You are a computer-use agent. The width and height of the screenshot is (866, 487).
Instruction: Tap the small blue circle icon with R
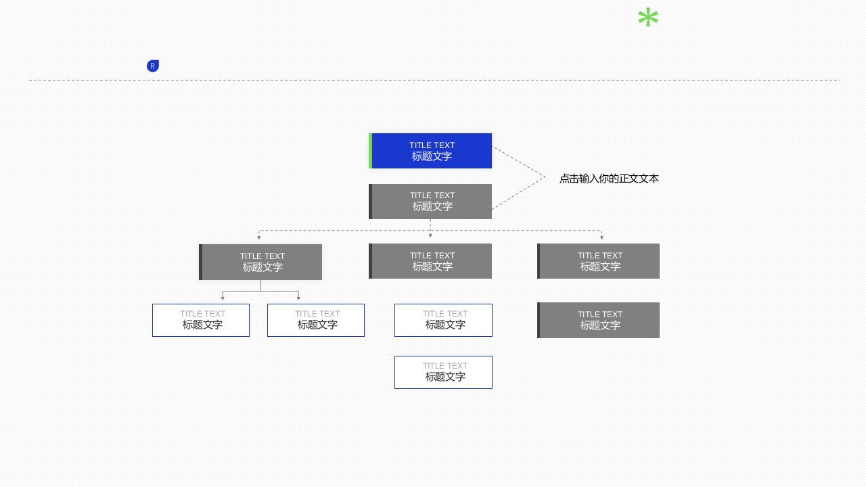pyautogui.click(x=153, y=66)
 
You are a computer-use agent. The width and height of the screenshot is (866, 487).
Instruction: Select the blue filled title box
pyautogui.click(x=432, y=151)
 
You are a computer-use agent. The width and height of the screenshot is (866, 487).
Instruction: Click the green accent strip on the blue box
pyautogui.click(x=370, y=151)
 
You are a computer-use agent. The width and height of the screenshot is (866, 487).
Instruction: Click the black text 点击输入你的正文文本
pyautogui.click(x=609, y=179)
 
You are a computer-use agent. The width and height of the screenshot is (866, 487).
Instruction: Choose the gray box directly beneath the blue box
pyautogui.click(x=432, y=202)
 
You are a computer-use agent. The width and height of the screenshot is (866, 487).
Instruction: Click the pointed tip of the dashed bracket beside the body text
pyautogui.click(x=544, y=177)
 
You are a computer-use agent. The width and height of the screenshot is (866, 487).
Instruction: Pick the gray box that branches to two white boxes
pyautogui.click(x=262, y=262)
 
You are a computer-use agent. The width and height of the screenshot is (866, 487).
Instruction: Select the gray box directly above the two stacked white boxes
pyautogui.click(x=432, y=261)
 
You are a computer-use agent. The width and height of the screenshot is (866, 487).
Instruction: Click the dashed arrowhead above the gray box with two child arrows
pyautogui.click(x=259, y=237)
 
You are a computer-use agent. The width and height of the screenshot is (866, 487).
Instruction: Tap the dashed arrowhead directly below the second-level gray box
pyautogui.click(x=430, y=235)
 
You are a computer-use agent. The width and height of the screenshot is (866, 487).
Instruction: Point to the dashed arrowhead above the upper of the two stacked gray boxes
pyautogui.click(x=601, y=237)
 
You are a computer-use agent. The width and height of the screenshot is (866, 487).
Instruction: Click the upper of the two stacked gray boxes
pyautogui.click(x=599, y=261)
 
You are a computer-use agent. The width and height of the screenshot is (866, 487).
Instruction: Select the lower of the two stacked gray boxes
pyautogui.click(x=599, y=320)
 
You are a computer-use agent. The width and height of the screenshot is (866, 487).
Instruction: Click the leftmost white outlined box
pyautogui.click(x=201, y=320)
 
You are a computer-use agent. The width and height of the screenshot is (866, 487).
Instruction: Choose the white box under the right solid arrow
pyautogui.click(x=316, y=320)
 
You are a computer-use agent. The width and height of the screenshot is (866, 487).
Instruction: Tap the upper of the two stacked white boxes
pyautogui.click(x=443, y=320)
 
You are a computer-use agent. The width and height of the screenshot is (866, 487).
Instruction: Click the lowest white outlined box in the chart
pyautogui.click(x=443, y=372)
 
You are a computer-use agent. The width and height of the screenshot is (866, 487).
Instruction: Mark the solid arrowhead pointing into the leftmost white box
pyautogui.click(x=223, y=298)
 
